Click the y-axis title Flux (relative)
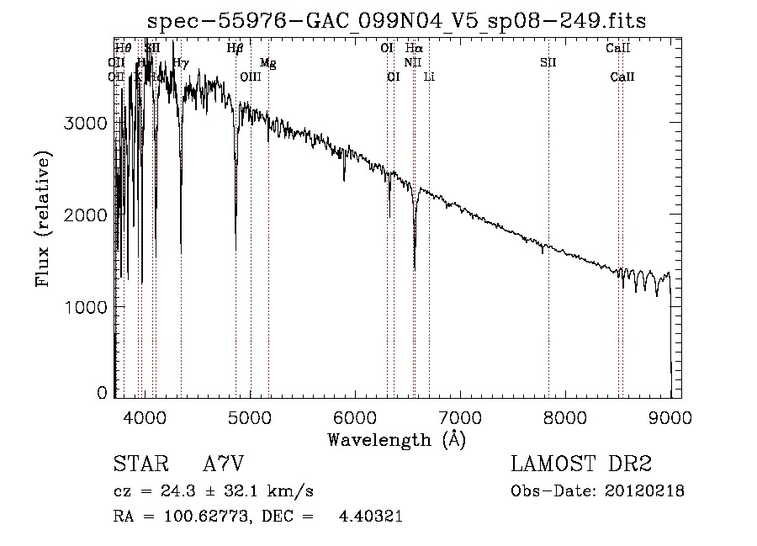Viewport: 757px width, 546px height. coord(43,220)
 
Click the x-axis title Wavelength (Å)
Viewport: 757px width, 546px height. coord(396,439)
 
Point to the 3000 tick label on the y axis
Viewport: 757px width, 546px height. coord(86,123)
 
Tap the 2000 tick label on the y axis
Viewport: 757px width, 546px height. coord(86,215)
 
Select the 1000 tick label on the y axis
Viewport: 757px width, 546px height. coord(86,306)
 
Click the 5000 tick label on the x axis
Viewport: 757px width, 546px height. coord(251,416)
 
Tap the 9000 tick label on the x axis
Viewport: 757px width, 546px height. coord(670,416)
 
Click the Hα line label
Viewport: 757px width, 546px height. coord(414,49)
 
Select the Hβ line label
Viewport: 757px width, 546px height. coord(235,49)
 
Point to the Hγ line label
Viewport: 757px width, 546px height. coord(181,62)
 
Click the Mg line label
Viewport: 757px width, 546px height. coord(267,63)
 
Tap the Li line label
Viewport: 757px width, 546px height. coord(429,77)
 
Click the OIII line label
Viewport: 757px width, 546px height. coord(251,77)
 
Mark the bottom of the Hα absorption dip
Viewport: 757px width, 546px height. coord(414,268)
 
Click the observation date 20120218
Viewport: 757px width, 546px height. coord(644,491)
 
